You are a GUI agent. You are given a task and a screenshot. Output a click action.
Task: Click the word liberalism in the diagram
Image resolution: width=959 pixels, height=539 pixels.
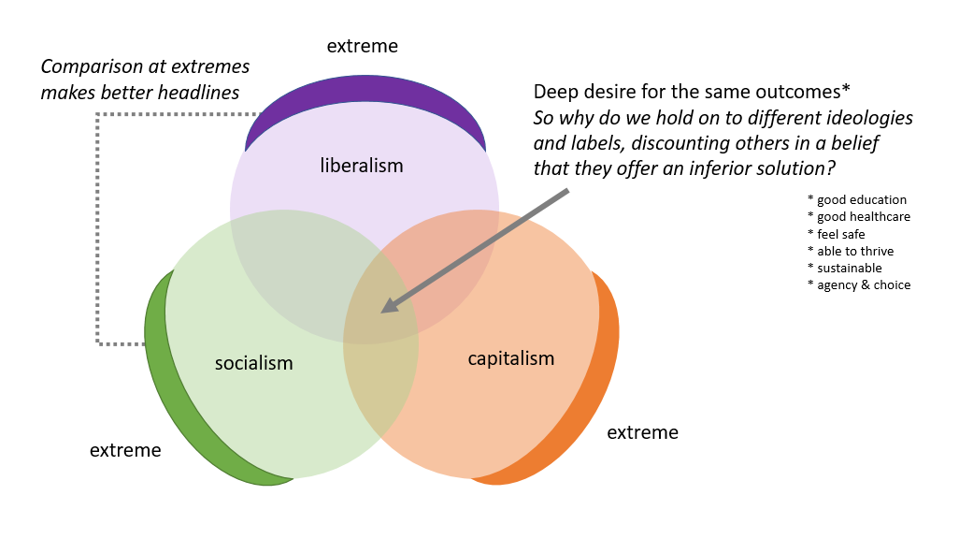click(362, 166)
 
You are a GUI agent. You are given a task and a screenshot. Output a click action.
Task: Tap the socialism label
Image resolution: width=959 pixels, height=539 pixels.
click(253, 363)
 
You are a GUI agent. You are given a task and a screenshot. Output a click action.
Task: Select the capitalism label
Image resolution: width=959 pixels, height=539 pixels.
click(511, 358)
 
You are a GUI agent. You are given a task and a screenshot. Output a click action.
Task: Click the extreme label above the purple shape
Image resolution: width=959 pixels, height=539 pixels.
click(363, 46)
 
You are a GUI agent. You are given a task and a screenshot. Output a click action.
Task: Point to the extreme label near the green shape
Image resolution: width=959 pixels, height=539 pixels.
click(125, 450)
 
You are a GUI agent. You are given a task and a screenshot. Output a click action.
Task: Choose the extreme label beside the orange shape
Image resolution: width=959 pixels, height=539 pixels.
click(642, 432)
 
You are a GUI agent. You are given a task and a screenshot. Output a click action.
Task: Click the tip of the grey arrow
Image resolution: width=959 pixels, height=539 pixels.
click(384, 311)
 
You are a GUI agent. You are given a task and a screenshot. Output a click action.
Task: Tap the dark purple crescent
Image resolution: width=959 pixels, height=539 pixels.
click(365, 89)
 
